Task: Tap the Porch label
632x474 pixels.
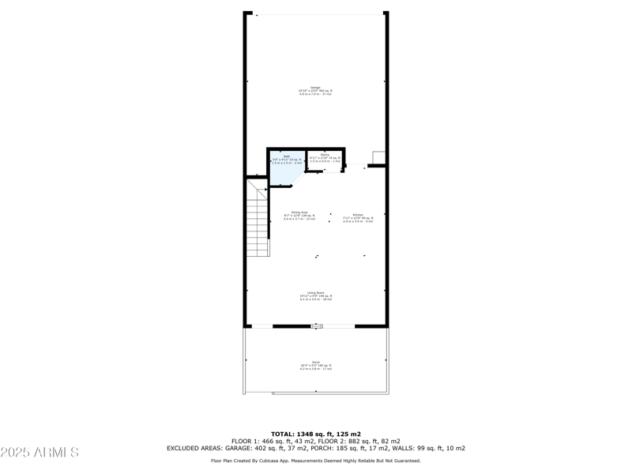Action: tap(316, 365)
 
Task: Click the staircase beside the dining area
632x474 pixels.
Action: tap(259, 219)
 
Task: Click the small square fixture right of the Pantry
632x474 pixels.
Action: tap(378, 158)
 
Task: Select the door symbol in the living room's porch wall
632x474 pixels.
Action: tap(317, 325)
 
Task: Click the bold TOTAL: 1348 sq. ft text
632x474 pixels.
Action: tap(316, 434)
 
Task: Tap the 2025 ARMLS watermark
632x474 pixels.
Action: tap(39, 453)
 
